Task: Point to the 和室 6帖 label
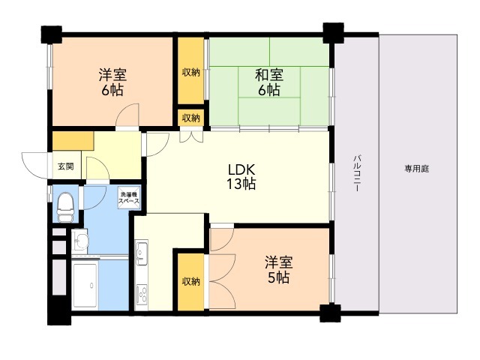click(x=268, y=82)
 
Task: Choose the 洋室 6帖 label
click(x=112, y=82)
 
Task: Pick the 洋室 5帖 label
click(x=277, y=270)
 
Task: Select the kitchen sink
click(x=142, y=253)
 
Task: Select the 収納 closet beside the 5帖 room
click(x=191, y=281)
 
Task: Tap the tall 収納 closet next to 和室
click(x=191, y=73)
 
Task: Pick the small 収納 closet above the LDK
click(x=191, y=118)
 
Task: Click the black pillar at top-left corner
click(x=51, y=34)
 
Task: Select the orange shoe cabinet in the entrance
click(x=72, y=141)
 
